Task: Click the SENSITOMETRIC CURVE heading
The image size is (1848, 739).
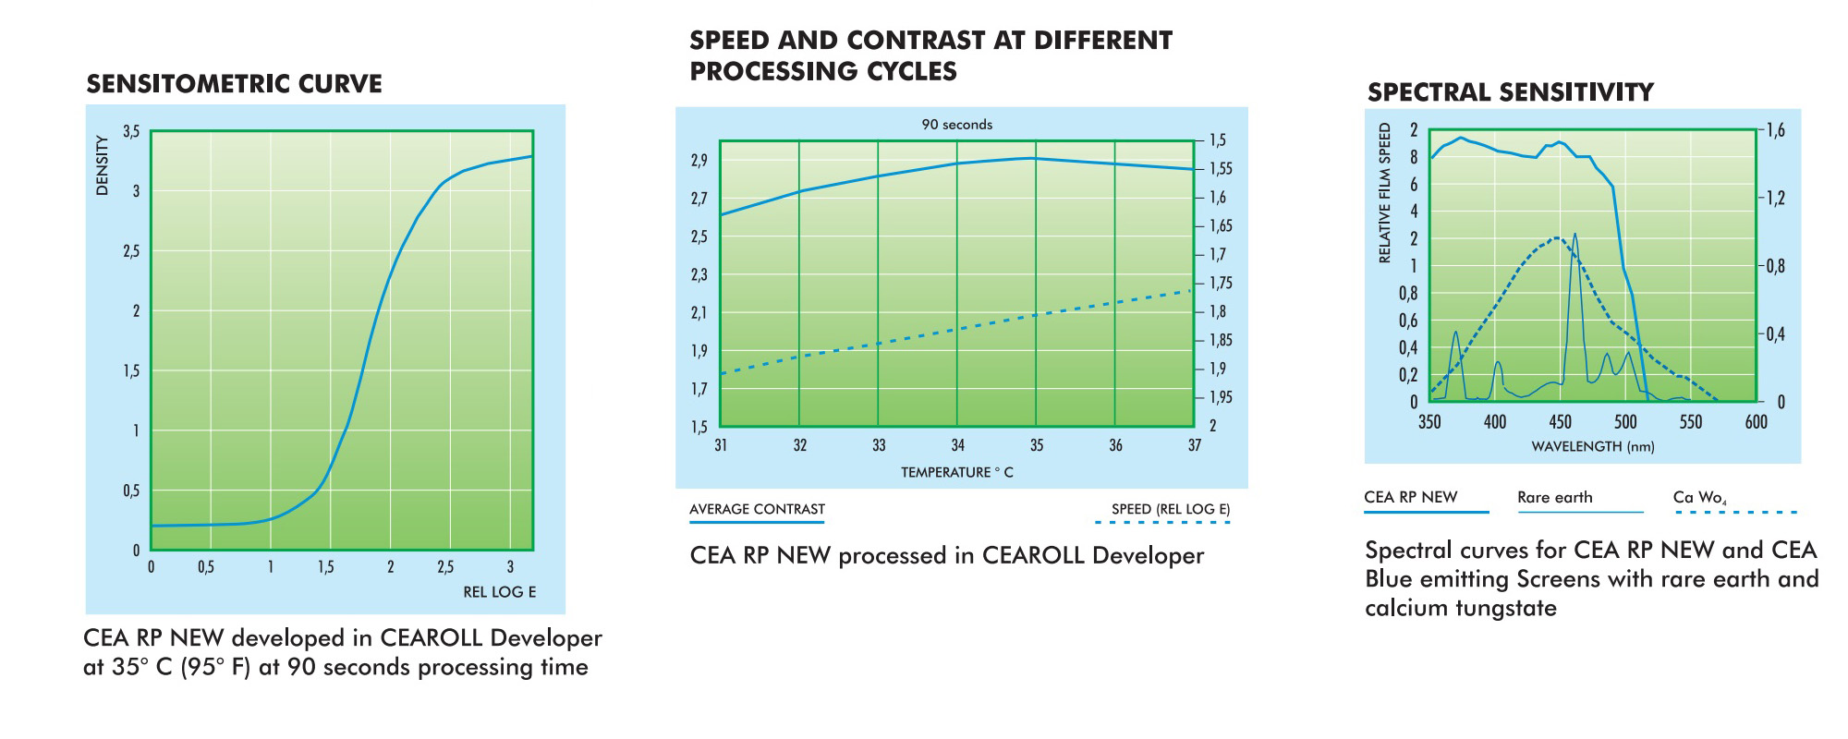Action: coord(234,84)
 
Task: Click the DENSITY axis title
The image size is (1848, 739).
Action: coord(102,165)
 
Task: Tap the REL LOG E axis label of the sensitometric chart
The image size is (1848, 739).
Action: coord(499,592)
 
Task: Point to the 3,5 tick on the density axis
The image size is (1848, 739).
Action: coord(131,132)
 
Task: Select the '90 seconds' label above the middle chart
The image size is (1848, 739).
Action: coord(956,125)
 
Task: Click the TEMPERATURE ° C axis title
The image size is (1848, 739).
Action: coord(956,472)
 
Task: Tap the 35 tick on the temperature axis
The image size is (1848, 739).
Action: coord(1037,445)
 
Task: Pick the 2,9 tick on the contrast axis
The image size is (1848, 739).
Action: coord(699,161)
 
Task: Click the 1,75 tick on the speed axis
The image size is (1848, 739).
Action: coord(1221,284)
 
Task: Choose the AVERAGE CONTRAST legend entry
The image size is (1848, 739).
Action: coord(757,509)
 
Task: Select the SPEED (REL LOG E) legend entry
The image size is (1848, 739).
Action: coord(1171,509)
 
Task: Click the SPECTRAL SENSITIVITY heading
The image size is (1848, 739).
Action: coord(1510,92)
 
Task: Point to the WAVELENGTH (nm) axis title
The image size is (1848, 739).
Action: coord(1592,447)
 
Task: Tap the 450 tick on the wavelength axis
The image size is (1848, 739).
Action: coord(1560,422)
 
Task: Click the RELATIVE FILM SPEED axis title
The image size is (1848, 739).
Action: coord(1384,192)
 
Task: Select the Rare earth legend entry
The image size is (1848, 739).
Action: coord(1555,497)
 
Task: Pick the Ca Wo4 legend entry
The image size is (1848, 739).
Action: coord(1699,497)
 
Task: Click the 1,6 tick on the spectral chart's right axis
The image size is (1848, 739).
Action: coord(1775,130)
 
